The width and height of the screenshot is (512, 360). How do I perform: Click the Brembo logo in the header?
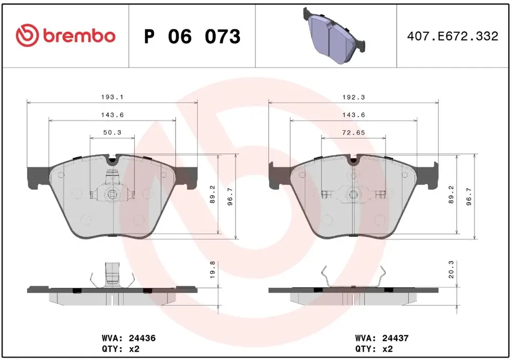coord(66,35)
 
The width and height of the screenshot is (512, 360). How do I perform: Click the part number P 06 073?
coord(192,36)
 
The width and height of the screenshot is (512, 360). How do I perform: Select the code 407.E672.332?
coord(453,36)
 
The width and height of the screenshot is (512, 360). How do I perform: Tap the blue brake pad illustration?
coord(334,35)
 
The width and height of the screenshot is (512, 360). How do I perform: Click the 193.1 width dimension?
coord(112,97)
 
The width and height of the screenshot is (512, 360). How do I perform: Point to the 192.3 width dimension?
coord(353,97)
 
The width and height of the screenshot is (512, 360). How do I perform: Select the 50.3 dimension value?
coord(112,132)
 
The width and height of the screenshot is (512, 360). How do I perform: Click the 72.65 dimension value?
coord(353,132)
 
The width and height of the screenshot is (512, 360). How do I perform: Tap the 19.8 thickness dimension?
coord(212,269)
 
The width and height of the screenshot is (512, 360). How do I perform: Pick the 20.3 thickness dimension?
coord(451,269)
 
